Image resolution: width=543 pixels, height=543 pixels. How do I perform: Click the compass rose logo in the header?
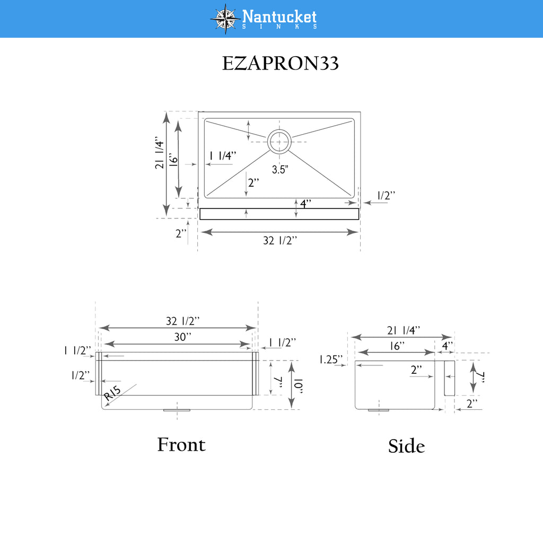point(225,19)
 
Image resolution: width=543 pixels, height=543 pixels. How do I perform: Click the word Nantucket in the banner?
point(279,16)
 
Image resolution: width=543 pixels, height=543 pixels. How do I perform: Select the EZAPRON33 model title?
point(280,64)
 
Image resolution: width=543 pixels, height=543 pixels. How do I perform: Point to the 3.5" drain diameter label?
point(280,169)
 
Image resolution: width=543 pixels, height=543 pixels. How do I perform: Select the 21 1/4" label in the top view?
point(159,153)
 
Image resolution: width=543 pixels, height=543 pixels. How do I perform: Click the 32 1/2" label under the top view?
point(280,240)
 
